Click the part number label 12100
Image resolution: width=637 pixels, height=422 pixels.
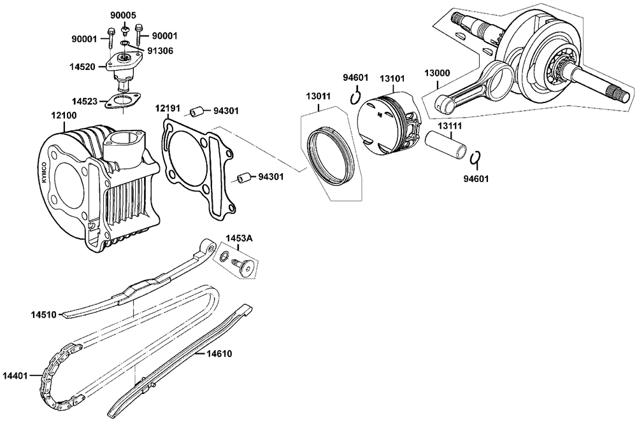tap(64, 116)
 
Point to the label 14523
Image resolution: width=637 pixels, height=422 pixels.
tap(84, 101)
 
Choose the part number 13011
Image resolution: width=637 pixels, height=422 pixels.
tap(318, 97)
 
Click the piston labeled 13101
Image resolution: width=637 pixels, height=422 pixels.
tap(388, 124)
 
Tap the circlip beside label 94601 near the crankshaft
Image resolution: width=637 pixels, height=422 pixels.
tap(475, 158)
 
